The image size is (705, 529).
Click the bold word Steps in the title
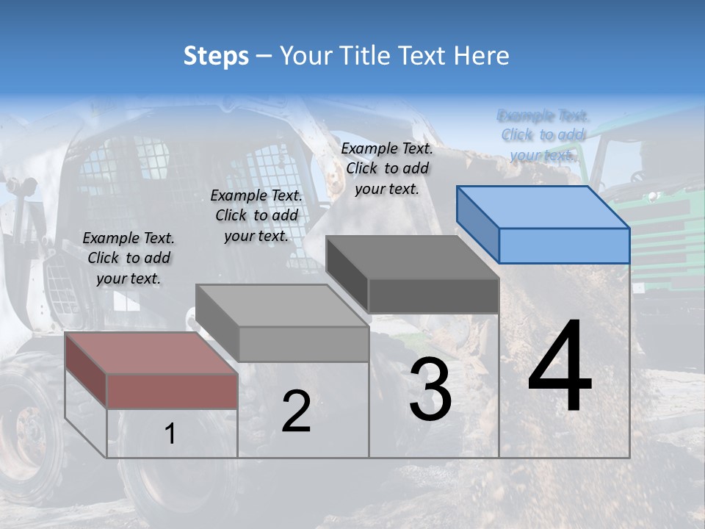[216, 56]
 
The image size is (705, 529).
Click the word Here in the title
[482, 56]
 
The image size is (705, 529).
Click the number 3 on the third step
[430, 389]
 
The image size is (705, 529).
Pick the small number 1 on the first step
[170, 434]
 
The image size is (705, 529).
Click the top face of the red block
[151, 353]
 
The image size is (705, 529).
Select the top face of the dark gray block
[412, 257]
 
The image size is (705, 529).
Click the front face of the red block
[172, 391]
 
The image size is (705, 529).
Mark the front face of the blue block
[564, 245]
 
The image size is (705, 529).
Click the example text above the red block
[129, 258]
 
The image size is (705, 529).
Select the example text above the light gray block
[256, 215]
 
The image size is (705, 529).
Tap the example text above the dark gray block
[387, 168]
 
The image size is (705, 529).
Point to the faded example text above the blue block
[543, 135]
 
